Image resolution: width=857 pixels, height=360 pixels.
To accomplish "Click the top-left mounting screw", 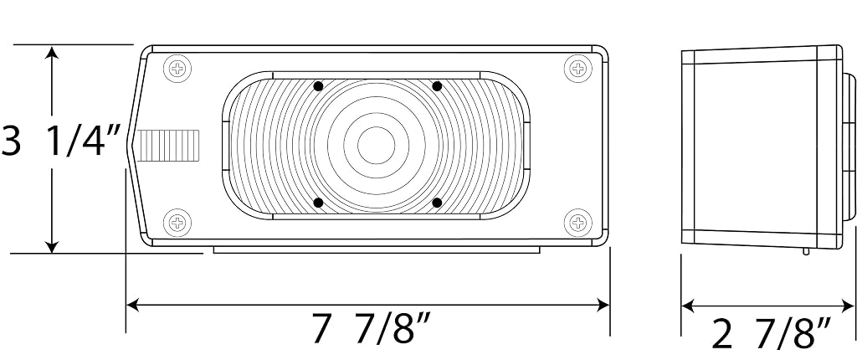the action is (x=177, y=69).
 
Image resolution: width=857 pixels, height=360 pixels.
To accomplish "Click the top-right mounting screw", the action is (x=577, y=69).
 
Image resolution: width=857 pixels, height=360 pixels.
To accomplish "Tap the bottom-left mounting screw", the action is (x=177, y=223).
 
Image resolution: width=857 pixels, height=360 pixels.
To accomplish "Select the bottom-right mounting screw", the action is (x=577, y=223).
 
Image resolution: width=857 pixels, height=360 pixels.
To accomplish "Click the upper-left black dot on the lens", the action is (x=318, y=86).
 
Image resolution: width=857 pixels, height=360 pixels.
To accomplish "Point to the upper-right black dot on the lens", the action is (x=437, y=86).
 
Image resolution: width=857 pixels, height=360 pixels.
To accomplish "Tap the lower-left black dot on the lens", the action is (x=318, y=203).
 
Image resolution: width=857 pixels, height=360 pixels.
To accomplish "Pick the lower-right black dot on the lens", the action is (x=437, y=203).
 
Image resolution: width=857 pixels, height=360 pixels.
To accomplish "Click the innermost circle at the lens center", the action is (x=376, y=145).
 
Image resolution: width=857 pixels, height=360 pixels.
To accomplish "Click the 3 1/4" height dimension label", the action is (x=60, y=141).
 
